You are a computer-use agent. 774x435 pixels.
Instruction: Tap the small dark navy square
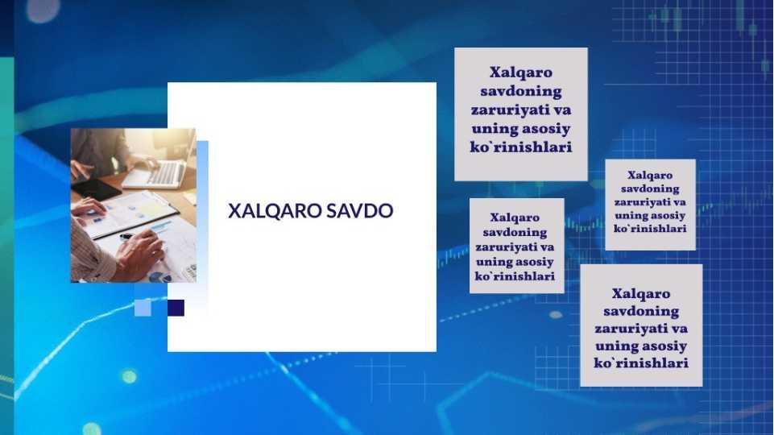pyautogui.click(x=176, y=308)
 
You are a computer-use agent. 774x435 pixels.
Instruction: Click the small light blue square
pyautogui.click(x=143, y=308)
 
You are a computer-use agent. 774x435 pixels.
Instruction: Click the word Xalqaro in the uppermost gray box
pyautogui.click(x=521, y=72)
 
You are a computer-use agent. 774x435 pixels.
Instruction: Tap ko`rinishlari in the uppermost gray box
pyautogui.click(x=521, y=147)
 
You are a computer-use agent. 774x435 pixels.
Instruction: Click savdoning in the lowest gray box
pyautogui.click(x=641, y=312)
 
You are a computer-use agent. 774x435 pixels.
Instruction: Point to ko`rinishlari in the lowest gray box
pyautogui.click(x=641, y=363)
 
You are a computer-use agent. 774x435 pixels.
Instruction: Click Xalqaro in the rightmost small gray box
pyautogui.click(x=650, y=176)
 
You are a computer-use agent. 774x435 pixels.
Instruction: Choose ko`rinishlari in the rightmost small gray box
pyautogui.click(x=650, y=229)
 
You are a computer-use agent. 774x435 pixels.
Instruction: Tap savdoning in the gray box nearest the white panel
pyautogui.click(x=515, y=233)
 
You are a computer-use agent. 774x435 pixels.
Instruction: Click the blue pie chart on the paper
pyautogui.click(x=157, y=276)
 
